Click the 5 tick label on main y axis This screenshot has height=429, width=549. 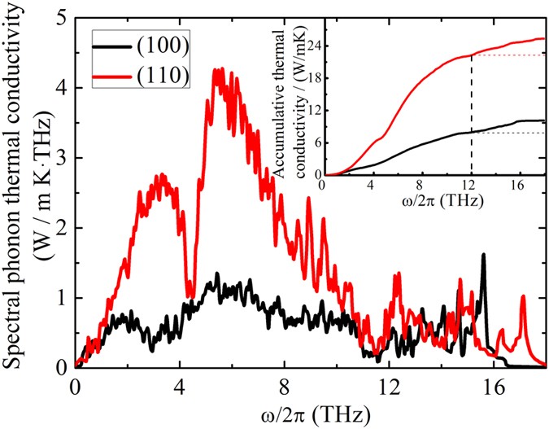61,18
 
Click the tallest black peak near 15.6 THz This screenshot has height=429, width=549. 484,256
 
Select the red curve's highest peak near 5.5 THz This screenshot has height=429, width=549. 217,70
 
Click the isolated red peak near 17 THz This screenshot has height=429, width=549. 523,297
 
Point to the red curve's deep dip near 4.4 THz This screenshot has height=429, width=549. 190,296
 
